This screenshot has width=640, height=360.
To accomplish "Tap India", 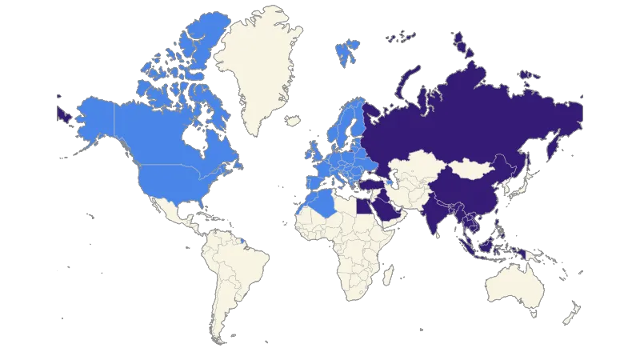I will click(x=438, y=216).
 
